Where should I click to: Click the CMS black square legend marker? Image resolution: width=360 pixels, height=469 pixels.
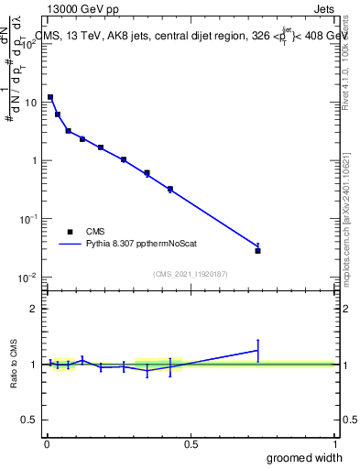pos(70,232)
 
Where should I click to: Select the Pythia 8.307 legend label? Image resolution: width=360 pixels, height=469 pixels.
pos(136,245)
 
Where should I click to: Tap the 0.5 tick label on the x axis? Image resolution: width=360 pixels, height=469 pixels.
pos(191,444)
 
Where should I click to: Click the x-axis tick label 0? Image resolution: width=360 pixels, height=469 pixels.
pos(47,444)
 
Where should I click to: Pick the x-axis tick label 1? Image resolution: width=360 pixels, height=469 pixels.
pos(334,444)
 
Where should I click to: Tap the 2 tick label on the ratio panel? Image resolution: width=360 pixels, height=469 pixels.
pos(35,309)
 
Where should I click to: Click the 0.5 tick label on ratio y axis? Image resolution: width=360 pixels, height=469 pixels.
pos(30,420)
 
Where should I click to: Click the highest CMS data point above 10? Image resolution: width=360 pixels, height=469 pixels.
pos(50,96)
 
